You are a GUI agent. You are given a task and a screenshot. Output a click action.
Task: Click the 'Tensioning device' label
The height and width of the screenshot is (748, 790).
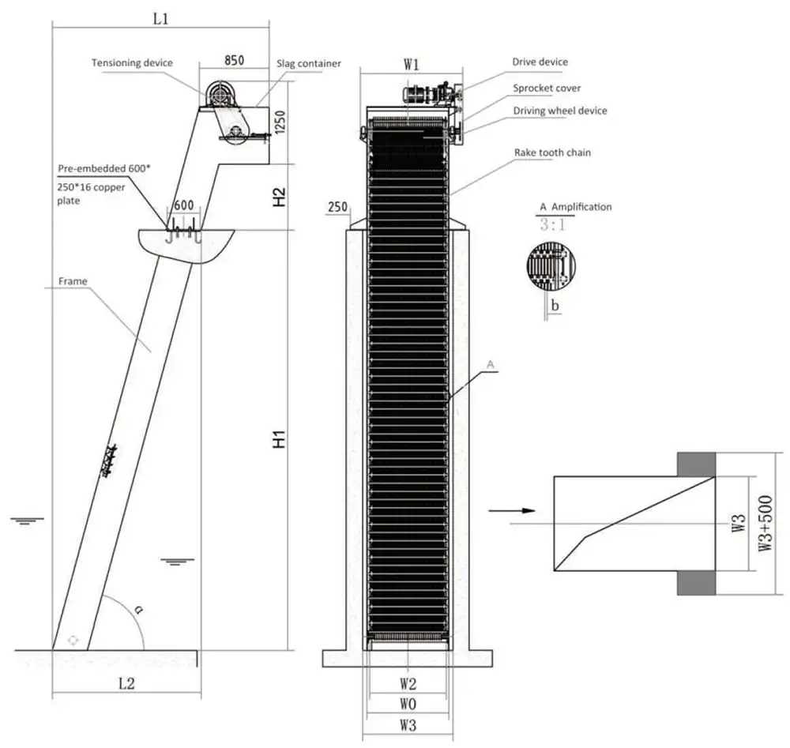pos(131,62)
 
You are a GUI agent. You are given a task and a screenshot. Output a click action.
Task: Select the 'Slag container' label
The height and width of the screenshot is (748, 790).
pos(308,63)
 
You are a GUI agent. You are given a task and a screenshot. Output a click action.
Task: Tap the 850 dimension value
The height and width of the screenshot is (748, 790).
pos(234,60)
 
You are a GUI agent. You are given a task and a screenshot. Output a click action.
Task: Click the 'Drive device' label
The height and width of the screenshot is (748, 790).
pos(540,62)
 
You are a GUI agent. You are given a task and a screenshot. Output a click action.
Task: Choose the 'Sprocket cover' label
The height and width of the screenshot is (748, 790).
pos(547,88)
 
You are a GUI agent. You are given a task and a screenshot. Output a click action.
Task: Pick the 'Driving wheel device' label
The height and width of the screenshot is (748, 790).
pos(560,111)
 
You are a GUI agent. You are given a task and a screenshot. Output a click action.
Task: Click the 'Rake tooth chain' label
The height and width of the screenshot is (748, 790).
pos(552,151)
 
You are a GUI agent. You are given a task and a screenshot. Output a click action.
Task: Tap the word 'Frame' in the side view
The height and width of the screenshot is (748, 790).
pos(72,280)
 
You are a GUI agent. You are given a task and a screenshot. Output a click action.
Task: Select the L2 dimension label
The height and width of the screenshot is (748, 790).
pos(126,684)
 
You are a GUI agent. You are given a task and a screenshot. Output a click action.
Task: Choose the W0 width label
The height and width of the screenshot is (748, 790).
pos(408,703)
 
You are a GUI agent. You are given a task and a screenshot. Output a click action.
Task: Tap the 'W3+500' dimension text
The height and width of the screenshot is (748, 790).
pos(765,522)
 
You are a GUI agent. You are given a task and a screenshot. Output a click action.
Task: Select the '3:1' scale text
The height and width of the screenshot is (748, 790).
pos(551,224)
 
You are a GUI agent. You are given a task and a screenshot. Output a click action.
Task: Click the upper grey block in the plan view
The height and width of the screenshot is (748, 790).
pos(696,464)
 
